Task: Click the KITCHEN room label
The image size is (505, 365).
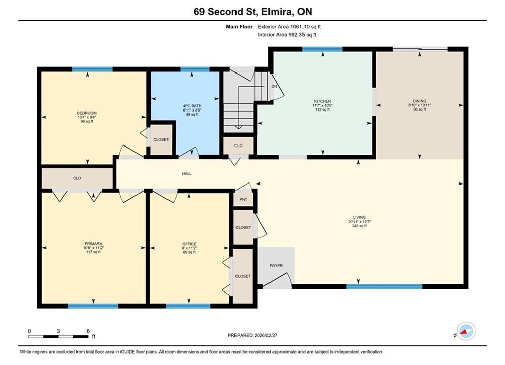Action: (322, 101)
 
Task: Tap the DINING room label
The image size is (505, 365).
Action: (419, 101)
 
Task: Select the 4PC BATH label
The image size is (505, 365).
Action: (192, 106)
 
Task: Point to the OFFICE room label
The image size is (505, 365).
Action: (189, 244)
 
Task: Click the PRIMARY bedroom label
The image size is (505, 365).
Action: (93, 244)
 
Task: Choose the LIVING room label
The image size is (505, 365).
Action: (359, 217)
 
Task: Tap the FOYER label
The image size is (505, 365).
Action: (276, 266)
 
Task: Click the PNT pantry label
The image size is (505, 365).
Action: (243, 199)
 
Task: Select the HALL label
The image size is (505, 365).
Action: (187, 174)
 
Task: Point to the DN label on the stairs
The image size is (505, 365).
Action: (274, 87)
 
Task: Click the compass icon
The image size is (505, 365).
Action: (466, 331)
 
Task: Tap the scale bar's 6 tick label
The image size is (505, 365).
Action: (88, 331)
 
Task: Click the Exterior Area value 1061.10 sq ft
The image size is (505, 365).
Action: (306, 27)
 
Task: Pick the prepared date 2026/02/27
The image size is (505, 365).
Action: (266, 335)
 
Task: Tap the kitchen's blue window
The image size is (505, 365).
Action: (322, 49)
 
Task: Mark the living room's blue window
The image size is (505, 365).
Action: (384, 286)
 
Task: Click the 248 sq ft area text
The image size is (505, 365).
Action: (359, 226)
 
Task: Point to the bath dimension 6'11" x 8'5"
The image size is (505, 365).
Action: (192, 111)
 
